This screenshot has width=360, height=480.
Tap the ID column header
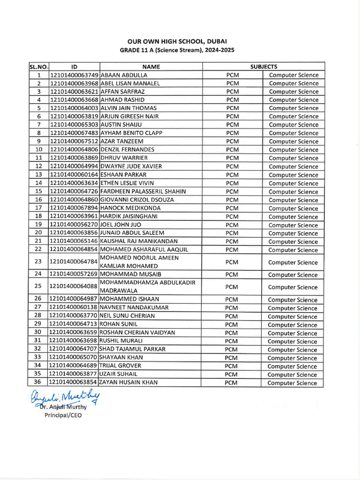pos(74,67)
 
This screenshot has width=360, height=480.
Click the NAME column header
pos(151,67)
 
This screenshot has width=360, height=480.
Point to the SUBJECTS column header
pos(263,67)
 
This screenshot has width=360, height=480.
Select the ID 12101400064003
pos(74,108)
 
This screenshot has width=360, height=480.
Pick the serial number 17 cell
pos(39,208)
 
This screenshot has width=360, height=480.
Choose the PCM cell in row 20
pos(232,233)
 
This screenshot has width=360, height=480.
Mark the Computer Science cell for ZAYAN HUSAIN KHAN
pos(292,383)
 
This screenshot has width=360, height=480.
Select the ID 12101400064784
pos(74,262)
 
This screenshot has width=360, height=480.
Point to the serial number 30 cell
pos(39,333)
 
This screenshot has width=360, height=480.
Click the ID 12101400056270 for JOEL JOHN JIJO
pos(74,225)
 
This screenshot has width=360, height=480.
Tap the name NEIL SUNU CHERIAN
pos(127,316)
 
